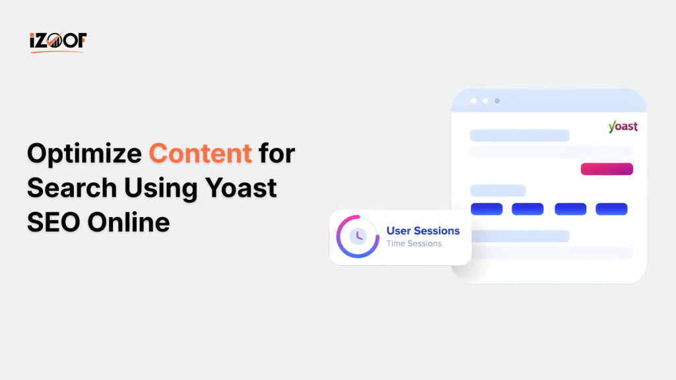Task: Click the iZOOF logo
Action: [x=58, y=42]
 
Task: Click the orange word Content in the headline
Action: [x=200, y=154]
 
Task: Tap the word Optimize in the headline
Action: [x=84, y=154]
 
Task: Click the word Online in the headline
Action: [x=131, y=222]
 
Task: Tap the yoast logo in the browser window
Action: [x=623, y=127]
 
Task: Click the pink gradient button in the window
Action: [x=607, y=169]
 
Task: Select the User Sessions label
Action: [x=423, y=231]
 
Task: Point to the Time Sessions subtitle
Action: [x=414, y=243]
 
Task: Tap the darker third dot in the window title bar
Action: [x=497, y=101]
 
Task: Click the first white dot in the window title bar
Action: [x=473, y=101]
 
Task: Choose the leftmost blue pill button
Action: [x=487, y=209]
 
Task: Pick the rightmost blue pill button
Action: [x=611, y=209]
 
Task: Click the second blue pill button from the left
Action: [x=527, y=209]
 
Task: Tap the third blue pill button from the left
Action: [x=570, y=209]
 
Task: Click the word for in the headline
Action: [x=277, y=154]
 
